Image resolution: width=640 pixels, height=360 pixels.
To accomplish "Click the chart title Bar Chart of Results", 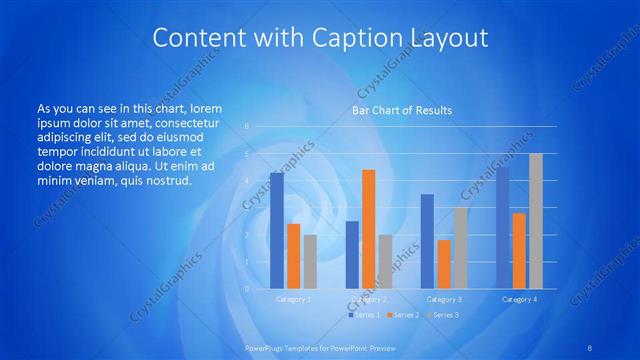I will (401, 110).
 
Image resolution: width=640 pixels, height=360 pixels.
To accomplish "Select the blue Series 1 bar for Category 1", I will (277, 231).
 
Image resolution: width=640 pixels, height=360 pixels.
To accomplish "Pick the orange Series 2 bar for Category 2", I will (369, 229).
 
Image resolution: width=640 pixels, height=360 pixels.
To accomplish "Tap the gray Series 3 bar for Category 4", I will (536, 221).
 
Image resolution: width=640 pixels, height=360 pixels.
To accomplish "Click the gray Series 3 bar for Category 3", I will (460, 248).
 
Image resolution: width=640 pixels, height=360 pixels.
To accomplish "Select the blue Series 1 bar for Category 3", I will (427, 241).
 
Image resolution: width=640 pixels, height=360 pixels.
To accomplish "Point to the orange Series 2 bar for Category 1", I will (293, 256).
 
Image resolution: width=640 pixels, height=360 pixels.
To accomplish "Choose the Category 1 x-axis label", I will (293, 299).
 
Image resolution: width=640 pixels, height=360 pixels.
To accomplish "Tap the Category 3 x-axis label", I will (444, 299).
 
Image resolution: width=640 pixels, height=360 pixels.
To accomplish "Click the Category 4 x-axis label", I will (519, 299).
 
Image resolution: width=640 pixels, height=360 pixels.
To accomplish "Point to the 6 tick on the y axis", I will (246, 127).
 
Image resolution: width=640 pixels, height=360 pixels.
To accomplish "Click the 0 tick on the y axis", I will (246, 289).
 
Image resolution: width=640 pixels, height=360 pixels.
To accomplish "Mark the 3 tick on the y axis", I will (246, 208).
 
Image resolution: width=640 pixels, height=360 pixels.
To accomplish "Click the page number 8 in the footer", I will (590, 347).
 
